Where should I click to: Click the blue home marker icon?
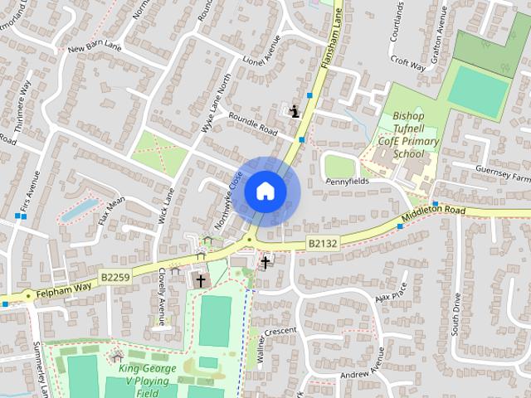coord(265,191)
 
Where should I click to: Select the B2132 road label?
coord(323,243)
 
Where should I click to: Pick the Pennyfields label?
coord(348,180)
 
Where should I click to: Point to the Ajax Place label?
coord(390,294)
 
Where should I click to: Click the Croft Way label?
coord(407,64)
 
